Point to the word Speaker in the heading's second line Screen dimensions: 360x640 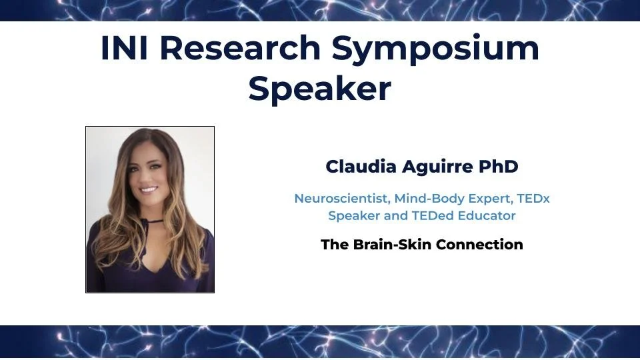pos(319,89)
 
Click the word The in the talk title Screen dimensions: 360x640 pos(334,245)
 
